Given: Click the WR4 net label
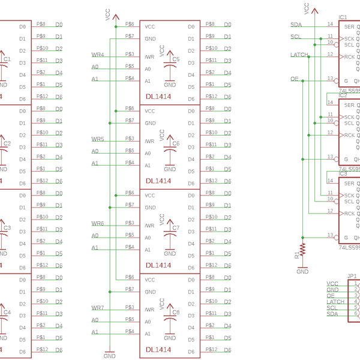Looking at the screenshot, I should pyautogui.click(x=97, y=55).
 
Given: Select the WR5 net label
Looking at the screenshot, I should pyautogui.click(x=97, y=139).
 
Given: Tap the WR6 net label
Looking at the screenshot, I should pyautogui.click(x=97, y=223).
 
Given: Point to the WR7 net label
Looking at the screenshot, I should pyautogui.click(x=97, y=307).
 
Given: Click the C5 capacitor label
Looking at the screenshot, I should pyautogui.click(x=175, y=59).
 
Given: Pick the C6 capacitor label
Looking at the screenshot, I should pyautogui.click(x=175, y=143).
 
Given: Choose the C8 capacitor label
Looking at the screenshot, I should pyautogui.click(x=175, y=312).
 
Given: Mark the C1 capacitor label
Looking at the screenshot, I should pyautogui.click(x=7, y=59).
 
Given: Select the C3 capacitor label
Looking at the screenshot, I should pyautogui.click(x=7, y=228).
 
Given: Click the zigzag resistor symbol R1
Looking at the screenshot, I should pyautogui.click(x=302, y=248).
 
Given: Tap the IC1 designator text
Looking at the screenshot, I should pyautogui.click(x=343, y=17).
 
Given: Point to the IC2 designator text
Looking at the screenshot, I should pyautogui.click(x=343, y=95).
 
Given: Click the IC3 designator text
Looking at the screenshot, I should pyautogui.click(x=343, y=173).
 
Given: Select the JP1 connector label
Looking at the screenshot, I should pyautogui.click(x=352, y=277).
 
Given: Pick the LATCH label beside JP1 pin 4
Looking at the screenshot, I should pyautogui.click(x=335, y=302).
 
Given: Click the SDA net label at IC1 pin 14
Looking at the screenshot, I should pyautogui.click(x=296, y=25).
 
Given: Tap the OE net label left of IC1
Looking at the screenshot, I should pyautogui.click(x=294, y=79).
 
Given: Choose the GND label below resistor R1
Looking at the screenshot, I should pyautogui.click(x=302, y=271).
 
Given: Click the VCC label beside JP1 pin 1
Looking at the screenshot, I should pyautogui.click(x=332, y=283).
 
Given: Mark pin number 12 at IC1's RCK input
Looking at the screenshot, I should pyautogui.click(x=330, y=54).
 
